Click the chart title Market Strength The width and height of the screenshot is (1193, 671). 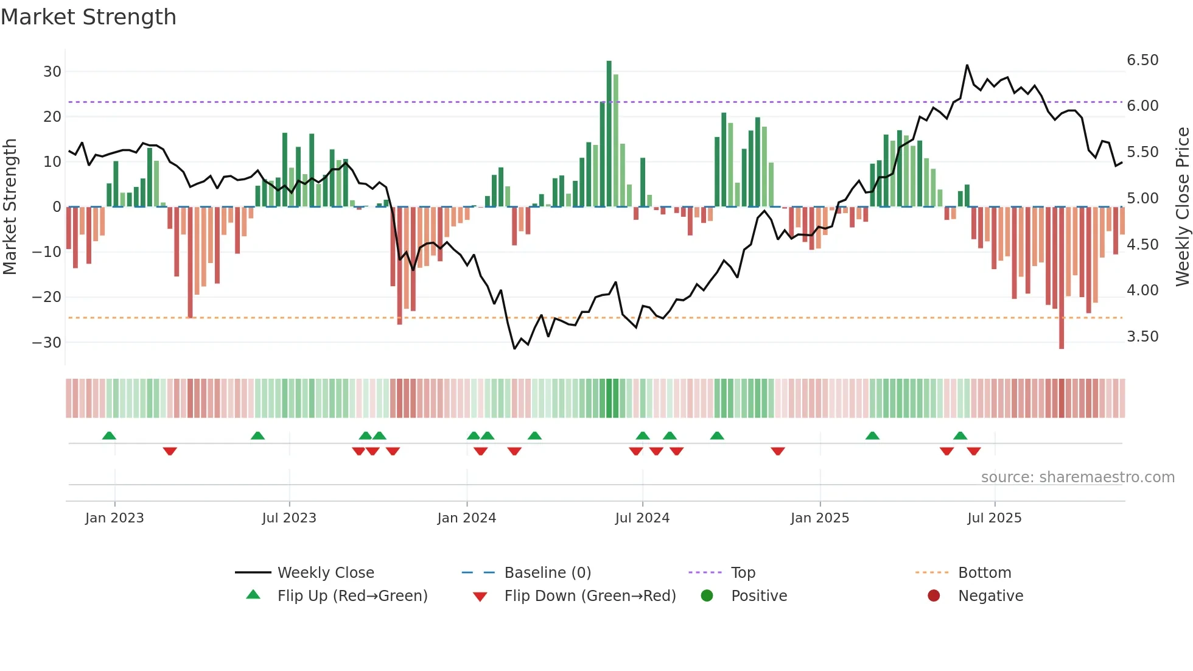89,17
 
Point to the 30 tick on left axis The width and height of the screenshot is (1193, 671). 52,72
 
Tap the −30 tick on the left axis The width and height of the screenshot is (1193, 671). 47,342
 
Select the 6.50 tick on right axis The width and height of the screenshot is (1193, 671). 1142,60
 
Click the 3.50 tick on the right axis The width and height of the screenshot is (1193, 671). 1142,337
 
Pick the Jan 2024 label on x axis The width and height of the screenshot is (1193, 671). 466,518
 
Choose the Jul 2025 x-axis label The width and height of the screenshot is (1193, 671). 994,518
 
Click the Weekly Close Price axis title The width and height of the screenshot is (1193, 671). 1182,207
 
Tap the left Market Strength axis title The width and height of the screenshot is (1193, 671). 10,207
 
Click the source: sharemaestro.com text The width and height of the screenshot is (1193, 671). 1077,477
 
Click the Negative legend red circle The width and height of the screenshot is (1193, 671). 934,595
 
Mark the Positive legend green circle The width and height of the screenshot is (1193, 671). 707,595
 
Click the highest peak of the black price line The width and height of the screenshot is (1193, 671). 967,65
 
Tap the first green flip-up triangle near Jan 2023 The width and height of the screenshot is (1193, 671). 109,436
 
